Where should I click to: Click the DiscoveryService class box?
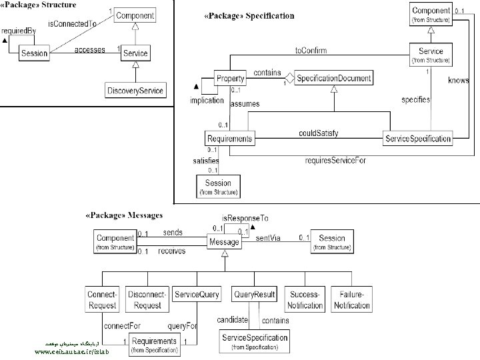click(135, 90)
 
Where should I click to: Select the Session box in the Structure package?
click(33, 53)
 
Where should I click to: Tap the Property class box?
click(229, 79)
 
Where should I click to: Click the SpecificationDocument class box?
click(333, 79)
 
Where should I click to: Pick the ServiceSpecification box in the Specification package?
click(418, 139)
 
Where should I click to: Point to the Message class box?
click(224, 243)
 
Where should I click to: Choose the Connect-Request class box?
click(102, 300)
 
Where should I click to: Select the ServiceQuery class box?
click(197, 295)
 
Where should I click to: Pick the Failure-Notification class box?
click(351, 300)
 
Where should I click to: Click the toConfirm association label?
click(311, 50)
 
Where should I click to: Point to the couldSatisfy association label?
click(318, 133)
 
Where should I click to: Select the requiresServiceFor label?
click(335, 161)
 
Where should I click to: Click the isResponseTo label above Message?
click(245, 217)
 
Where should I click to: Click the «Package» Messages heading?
click(124, 215)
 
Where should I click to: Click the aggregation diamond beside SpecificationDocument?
click(290, 79)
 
